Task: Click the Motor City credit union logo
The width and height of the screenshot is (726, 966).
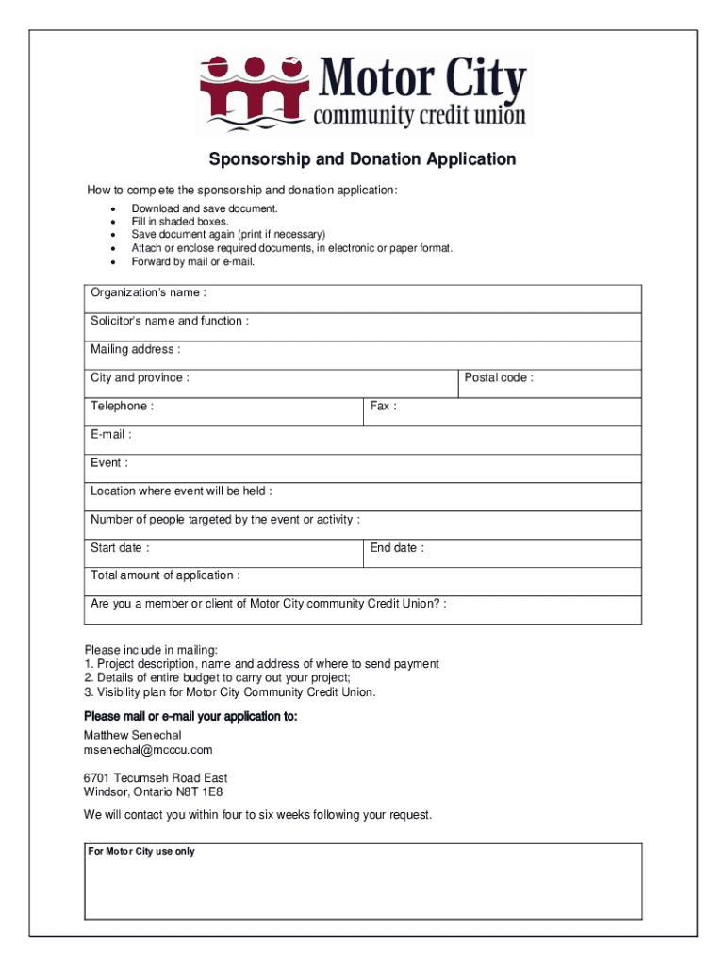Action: click(x=363, y=92)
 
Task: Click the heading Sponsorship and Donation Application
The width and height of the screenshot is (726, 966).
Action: click(x=362, y=159)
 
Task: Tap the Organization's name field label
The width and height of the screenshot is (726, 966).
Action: click(x=148, y=293)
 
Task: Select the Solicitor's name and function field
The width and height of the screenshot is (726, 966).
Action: click(x=362, y=326)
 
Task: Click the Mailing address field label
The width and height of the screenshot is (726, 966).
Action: click(x=135, y=350)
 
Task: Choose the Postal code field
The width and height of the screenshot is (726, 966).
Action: click(x=550, y=383)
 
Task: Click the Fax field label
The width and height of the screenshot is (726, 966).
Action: click(x=383, y=407)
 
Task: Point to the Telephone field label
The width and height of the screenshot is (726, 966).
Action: click(x=122, y=407)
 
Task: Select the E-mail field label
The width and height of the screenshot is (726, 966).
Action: click(x=110, y=435)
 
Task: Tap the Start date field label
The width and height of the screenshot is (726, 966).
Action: click(x=119, y=548)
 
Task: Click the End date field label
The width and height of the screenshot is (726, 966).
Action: click(x=397, y=548)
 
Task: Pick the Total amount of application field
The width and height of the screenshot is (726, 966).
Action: click(x=362, y=581)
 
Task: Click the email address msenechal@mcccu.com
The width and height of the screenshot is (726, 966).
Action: click(x=148, y=750)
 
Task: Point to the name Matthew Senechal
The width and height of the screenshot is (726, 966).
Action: click(x=132, y=735)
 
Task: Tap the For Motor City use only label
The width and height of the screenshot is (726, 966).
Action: click(x=141, y=852)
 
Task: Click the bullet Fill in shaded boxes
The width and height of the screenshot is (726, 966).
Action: click(x=180, y=222)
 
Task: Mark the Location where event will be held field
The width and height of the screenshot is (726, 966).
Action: click(x=362, y=496)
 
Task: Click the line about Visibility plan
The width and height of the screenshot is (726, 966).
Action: click(x=230, y=692)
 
